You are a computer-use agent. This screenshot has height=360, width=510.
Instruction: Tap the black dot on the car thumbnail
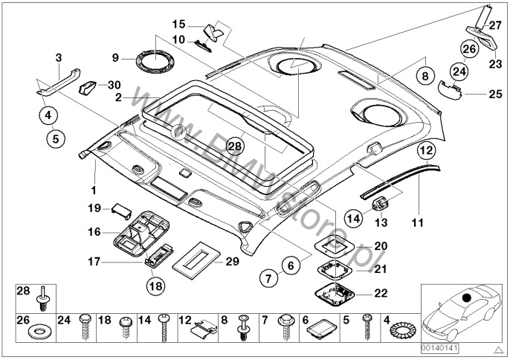(468, 299)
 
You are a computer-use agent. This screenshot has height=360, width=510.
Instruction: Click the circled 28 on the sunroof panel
(235, 146)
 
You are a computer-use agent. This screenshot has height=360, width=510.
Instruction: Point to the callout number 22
(381, 293)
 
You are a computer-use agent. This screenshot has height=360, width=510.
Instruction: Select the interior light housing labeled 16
(141, 230)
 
